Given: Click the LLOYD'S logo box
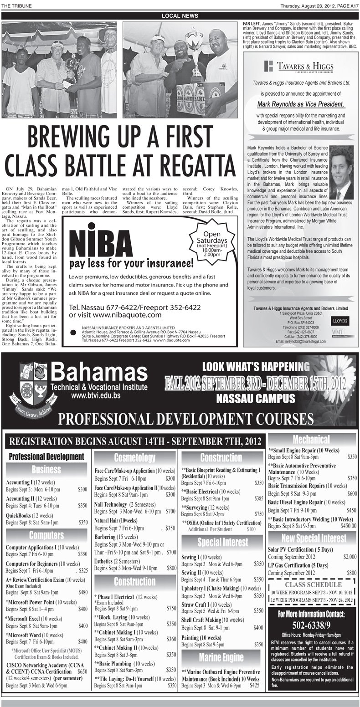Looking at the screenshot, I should coord(342,321).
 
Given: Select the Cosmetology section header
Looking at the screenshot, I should coord(134,457).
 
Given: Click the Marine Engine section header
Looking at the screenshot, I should coord(221,657).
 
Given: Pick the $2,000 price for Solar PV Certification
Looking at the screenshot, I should coord(350,557).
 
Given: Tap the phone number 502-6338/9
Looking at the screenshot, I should coord(313,624).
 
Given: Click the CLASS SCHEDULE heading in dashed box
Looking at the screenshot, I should coord(312,584).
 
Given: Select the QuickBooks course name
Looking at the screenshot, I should coord(21,515).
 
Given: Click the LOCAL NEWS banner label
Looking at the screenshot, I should coord(180,16).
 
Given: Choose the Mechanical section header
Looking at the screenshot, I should coord(312,440).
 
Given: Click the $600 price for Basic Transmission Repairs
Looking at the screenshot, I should coord(352,493).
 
